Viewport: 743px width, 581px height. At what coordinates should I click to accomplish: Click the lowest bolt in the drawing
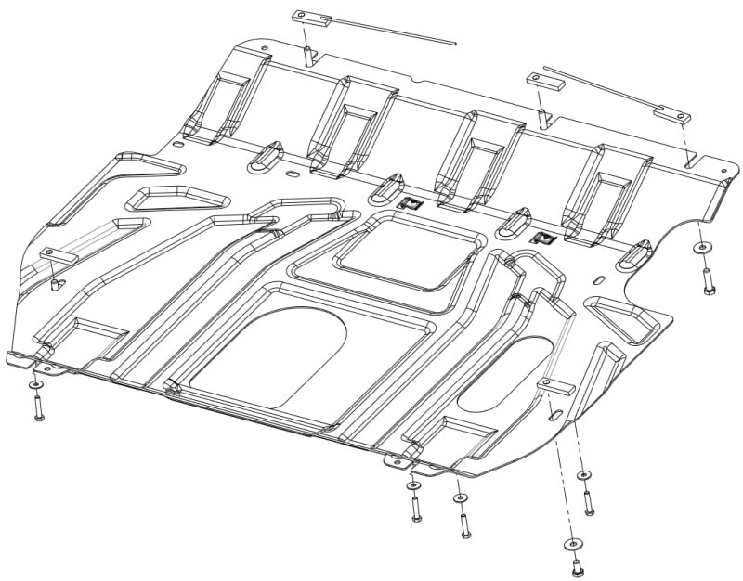point(577,563)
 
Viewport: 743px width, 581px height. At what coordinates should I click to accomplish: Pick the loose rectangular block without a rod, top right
point(545,81)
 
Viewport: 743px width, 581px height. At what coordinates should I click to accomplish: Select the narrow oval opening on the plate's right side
point(502,374)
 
